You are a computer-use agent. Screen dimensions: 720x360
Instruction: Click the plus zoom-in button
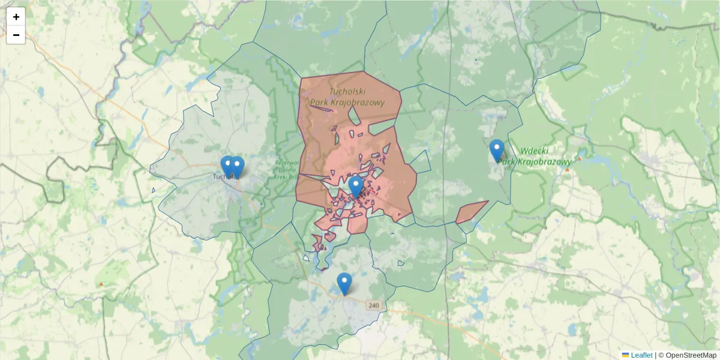point(16,17)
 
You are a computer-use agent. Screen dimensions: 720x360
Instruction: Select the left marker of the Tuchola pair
point(227,166)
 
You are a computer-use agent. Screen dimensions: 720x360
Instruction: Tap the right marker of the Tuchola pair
point(237,167)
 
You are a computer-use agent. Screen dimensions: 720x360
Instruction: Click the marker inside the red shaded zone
point(356,187)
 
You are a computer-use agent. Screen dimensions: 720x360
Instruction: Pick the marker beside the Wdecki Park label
point(497,150)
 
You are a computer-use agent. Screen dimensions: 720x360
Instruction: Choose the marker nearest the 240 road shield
point(344,283)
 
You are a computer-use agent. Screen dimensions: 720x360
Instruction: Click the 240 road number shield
point(374,305)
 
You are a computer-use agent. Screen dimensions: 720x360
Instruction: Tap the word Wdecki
point(535,151)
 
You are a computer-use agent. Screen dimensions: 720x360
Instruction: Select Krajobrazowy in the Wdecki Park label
point(544,161)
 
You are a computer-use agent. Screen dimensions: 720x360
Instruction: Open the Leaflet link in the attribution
point(641,355)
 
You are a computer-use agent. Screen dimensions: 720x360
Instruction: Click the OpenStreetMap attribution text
point(691,355)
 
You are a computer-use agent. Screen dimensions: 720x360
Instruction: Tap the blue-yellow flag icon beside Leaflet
point(625,355)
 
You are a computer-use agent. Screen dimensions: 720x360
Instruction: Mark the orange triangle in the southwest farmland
point(101,283)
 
